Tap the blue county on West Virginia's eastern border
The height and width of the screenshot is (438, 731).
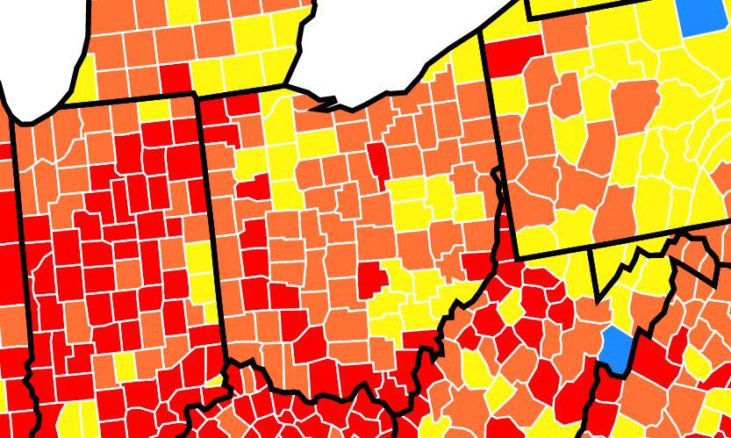(x=618, y=344)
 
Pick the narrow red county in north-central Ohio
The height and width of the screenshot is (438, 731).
(x=378, y=157)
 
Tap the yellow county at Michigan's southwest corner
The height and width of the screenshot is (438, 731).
(x=79, y=79)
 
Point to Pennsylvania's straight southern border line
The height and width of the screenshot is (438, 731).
(x=614, y=243)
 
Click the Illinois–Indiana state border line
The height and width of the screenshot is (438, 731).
(x=25, y=263)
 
